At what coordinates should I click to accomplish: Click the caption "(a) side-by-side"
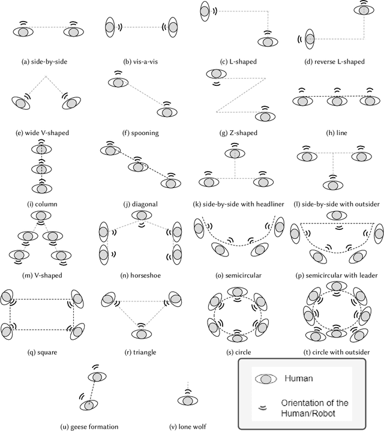tap(48, 60)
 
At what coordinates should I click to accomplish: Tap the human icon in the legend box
tap(266, 379)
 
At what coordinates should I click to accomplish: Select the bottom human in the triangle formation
tap(141, 334)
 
